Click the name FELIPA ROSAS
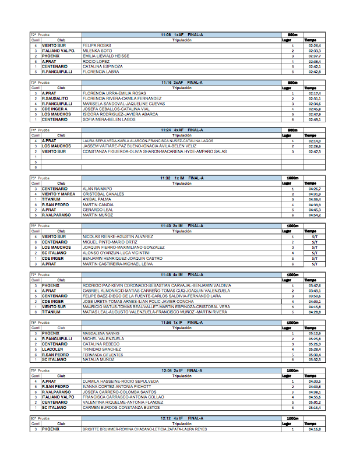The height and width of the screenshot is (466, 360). [97, 45]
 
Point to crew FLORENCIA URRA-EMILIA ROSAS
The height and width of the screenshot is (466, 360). [114, 93]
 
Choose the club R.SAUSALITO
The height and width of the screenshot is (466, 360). [54, 98]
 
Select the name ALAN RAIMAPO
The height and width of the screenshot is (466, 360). [96, 189]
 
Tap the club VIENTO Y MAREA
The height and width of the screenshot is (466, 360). [58, 194]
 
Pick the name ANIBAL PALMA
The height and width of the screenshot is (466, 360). [97, 199]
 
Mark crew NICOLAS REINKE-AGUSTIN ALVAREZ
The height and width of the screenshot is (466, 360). [118, 236]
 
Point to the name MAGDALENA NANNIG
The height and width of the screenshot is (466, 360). [101, 333]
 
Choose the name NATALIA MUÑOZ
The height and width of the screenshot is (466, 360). [98, 359]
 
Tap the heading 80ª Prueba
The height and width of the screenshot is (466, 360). [40, 418]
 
